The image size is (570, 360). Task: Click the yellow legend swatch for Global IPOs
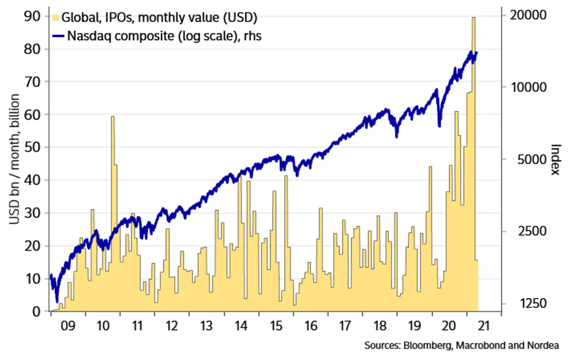point(56,17)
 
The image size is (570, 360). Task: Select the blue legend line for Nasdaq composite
point(58,36)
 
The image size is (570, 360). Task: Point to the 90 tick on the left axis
point(32,16)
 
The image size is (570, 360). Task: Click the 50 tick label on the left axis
point(32,147)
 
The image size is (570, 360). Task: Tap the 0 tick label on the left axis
point(36,311)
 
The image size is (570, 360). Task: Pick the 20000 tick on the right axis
point(528,15)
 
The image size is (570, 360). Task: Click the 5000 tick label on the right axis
point(532,159)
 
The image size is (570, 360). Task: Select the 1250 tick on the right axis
point(533,303)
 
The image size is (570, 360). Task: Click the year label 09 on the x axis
point(68,326)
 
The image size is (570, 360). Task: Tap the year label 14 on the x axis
point(241,326)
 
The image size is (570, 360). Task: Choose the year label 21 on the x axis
point(484,326)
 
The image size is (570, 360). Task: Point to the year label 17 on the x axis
point(345,326)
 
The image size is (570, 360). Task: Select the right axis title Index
point(555,159)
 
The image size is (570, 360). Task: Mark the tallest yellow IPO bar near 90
point(473,18)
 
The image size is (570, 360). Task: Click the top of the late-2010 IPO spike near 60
point(113,117)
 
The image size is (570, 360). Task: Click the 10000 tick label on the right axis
point(529,87)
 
